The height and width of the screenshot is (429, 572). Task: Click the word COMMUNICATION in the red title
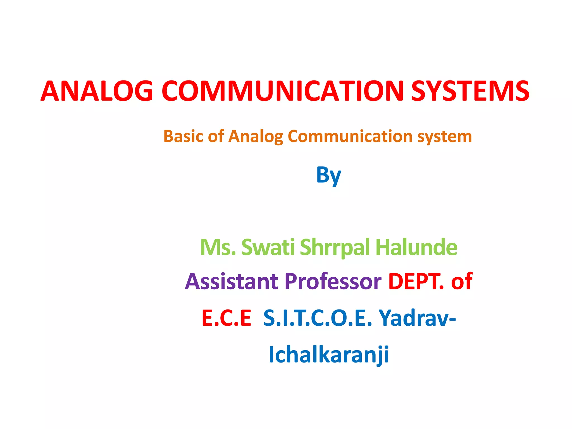tap(282, 91)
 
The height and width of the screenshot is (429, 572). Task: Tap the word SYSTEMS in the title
tap(470, 91)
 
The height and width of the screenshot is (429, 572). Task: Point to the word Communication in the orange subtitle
tap(350, 136)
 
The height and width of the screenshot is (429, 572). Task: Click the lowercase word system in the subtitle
tap(444, 137)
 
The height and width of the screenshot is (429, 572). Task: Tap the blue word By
tap(328, 175)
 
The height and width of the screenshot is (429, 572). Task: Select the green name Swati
tap(268, 247)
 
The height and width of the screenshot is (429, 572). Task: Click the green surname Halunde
tap(416, 247)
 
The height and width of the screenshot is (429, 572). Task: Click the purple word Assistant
tap(232, 281)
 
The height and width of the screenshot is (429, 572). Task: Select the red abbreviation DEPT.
tap(416, 281)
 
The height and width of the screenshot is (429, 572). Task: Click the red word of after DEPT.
tap(462, 281)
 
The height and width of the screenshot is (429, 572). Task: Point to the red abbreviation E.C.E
tap(227, 318)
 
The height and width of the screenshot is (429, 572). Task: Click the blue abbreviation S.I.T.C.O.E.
tap(318, 318)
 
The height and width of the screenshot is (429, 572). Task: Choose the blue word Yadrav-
tap(417, 318)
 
